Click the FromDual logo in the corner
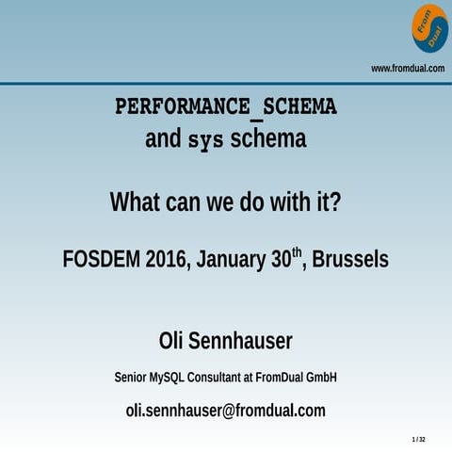428,27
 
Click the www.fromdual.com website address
407,68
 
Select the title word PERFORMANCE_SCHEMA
226,106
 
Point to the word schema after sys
268,140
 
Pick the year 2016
166,259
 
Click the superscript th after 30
297,251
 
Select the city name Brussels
350,259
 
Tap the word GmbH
319,378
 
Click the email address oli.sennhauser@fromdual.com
226,411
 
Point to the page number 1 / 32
419,440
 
